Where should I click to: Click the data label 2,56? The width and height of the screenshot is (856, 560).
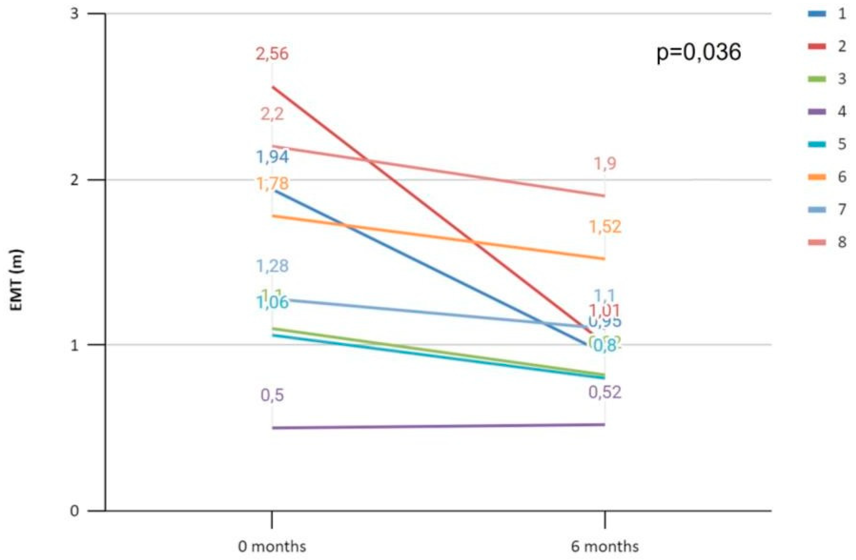[x=272, y=54]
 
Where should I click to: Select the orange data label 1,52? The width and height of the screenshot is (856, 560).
[x=605, y=227]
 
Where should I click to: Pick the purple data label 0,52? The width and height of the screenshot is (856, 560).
[x=605, y=393]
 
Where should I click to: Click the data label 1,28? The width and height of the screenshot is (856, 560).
[x=272, y=266]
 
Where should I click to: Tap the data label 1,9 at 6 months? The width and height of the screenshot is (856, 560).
[x=605, y=164]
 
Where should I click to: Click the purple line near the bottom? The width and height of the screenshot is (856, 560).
[x=432, y=426]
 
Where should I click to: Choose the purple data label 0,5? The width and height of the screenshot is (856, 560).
[x=272, y=395]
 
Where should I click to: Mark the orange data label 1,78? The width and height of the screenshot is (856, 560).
[x=272, y=184]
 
